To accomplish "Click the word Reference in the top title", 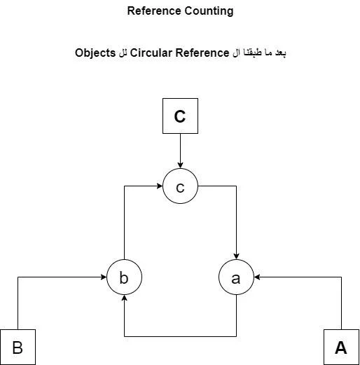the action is coord(154,11).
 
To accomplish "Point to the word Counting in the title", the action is coord(209,11).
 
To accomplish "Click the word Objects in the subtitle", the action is coord(95,53).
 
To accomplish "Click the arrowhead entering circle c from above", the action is coord(180,165).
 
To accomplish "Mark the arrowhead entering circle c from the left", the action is coord(160,186).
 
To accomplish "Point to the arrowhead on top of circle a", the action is coord(236,256).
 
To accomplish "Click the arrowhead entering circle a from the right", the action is coord(257,277).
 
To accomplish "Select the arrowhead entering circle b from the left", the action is coord(104,277).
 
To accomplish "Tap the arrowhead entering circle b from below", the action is coord(124,298).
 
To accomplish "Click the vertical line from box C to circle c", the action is coord(180,151).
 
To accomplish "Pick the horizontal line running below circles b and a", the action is coord(180,336).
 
